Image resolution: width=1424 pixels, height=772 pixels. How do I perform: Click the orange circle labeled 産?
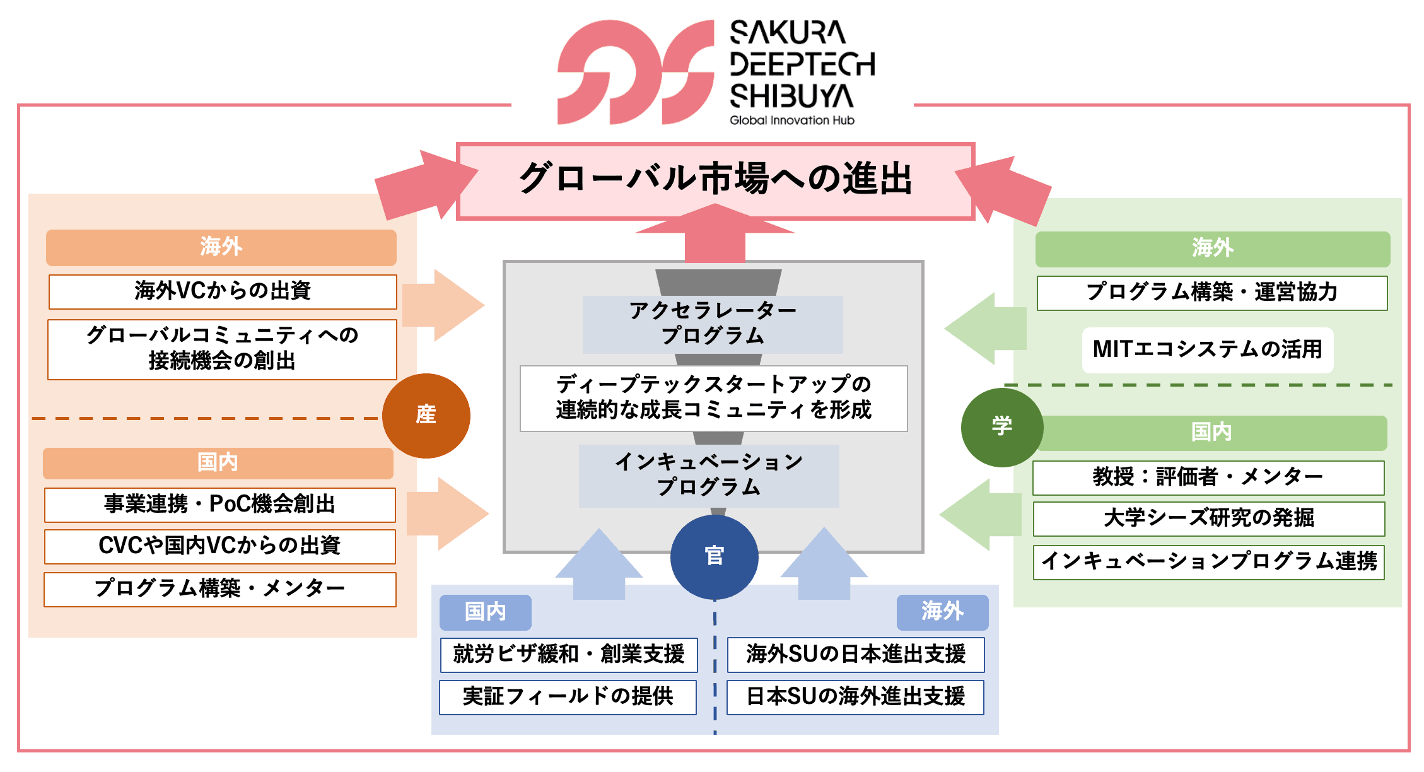(x=426, y=416)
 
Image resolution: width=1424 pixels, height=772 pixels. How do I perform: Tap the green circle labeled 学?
(x=1001, y=427)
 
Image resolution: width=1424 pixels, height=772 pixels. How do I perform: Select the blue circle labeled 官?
(x=714, y=556)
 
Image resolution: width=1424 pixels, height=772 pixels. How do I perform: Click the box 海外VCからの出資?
(x=223, y=291)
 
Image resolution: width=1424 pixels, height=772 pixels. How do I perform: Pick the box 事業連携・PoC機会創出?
(x=220, y=505)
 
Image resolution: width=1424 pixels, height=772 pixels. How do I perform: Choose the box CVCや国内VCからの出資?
(x=220, y=546)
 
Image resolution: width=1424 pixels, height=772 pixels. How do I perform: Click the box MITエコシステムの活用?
(x=1207, y=349)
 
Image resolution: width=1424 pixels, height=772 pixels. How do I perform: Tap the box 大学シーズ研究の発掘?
(x=1208, y=518)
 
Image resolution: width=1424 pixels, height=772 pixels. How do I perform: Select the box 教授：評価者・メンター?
(x=1208, y=477)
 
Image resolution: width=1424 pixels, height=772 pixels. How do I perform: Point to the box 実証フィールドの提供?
(x=568, y=697)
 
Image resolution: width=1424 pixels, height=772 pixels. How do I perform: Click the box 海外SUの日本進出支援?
(x=856, y=655)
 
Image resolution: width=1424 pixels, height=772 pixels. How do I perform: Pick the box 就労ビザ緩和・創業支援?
(x=569, y=655)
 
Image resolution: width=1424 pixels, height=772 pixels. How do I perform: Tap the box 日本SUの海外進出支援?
(x=855, y=697)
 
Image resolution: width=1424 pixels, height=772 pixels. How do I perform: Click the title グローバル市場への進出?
(x=715, y=180)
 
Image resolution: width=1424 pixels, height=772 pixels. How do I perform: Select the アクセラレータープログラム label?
(x=713, y=324)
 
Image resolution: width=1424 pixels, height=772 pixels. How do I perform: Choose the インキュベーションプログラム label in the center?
(x=709, y=475)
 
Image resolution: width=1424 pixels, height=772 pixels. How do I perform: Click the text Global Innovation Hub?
(x=791, y=120)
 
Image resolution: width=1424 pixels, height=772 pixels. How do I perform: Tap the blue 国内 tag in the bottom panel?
(x=485, y=612)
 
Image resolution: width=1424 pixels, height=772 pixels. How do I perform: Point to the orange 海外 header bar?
(x=221, y=247)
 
